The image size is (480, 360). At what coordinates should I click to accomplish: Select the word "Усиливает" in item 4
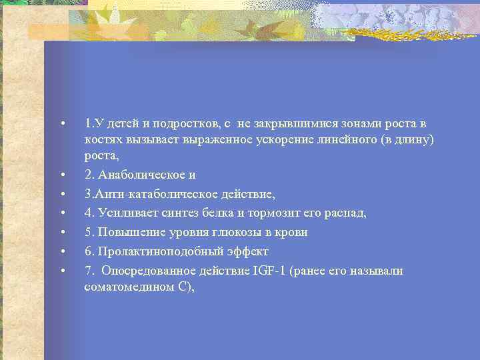coord(123,213)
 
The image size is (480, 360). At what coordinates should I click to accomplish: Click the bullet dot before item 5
coord(61,233)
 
